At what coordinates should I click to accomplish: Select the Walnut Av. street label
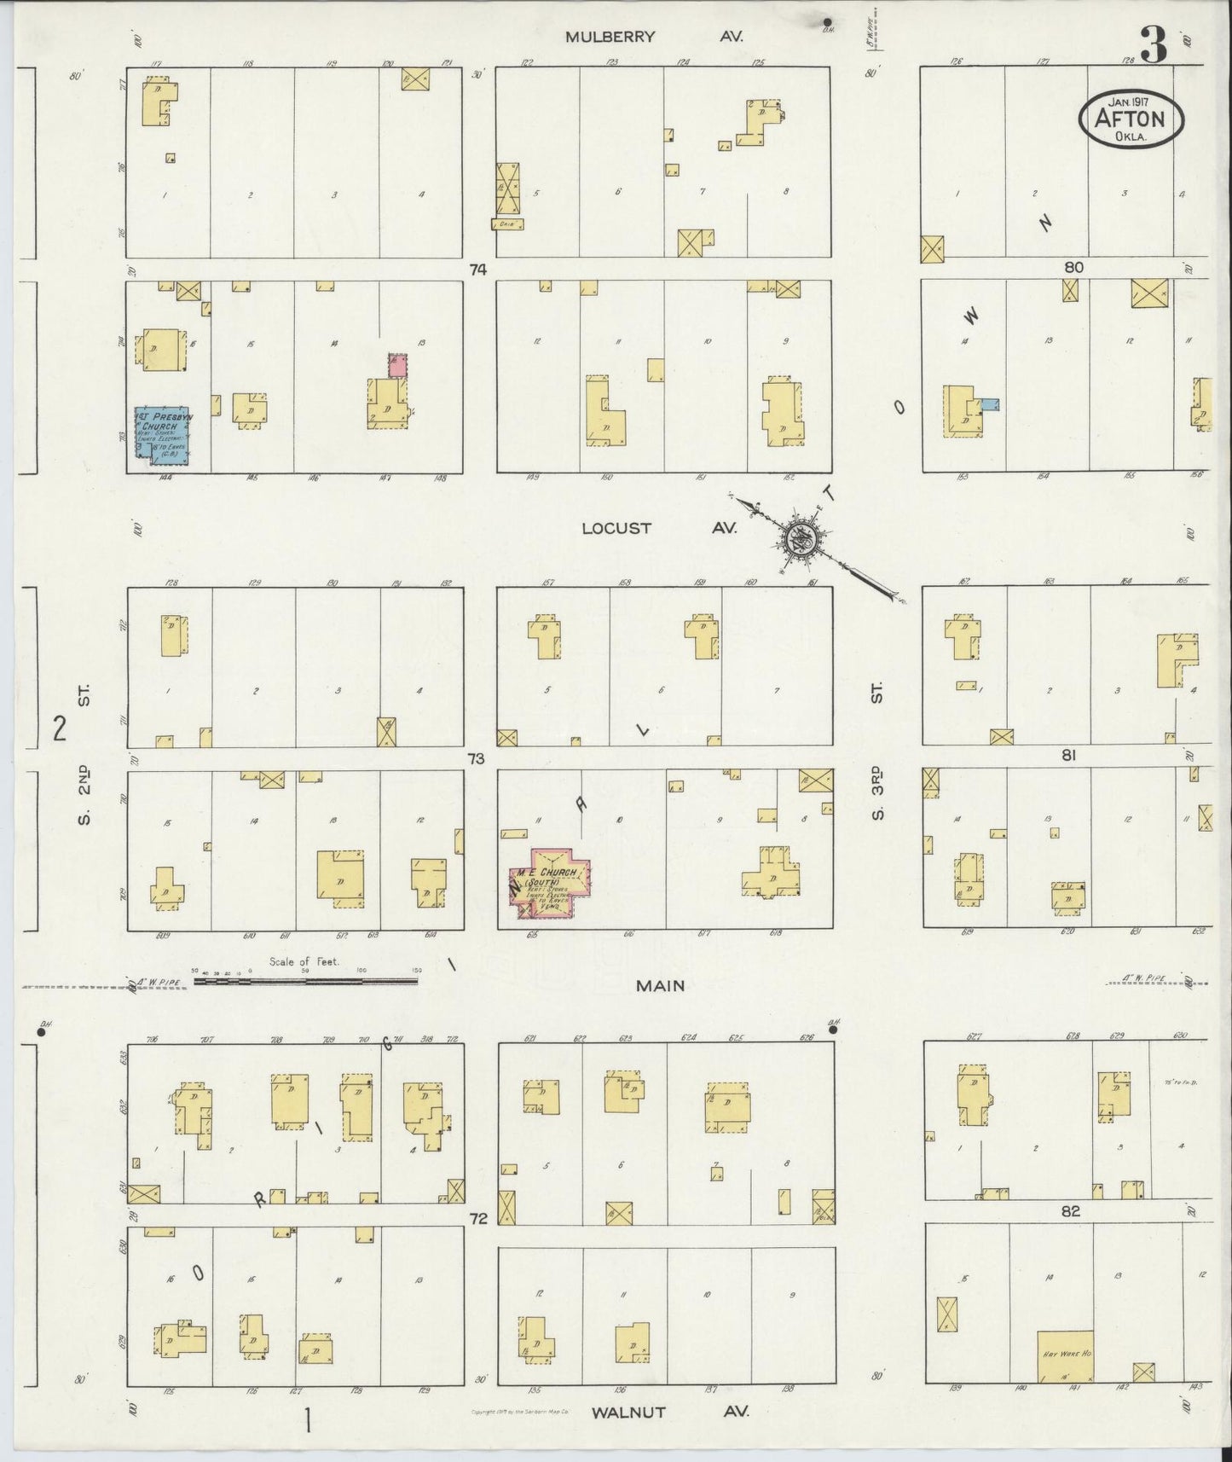point(670,1412)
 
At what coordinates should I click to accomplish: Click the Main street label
point(660,985)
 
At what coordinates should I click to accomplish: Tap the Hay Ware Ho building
point(1065,1356)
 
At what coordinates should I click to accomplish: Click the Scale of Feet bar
point(305,982)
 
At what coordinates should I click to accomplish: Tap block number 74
point(477,270)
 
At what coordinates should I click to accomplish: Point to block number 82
point(1071,1211)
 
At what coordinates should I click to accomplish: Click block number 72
point(477,1219)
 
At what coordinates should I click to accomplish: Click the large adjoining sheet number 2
point(59,729)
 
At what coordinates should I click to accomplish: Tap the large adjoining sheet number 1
point(306,1421)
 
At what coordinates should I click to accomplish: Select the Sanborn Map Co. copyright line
point(519,1413)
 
